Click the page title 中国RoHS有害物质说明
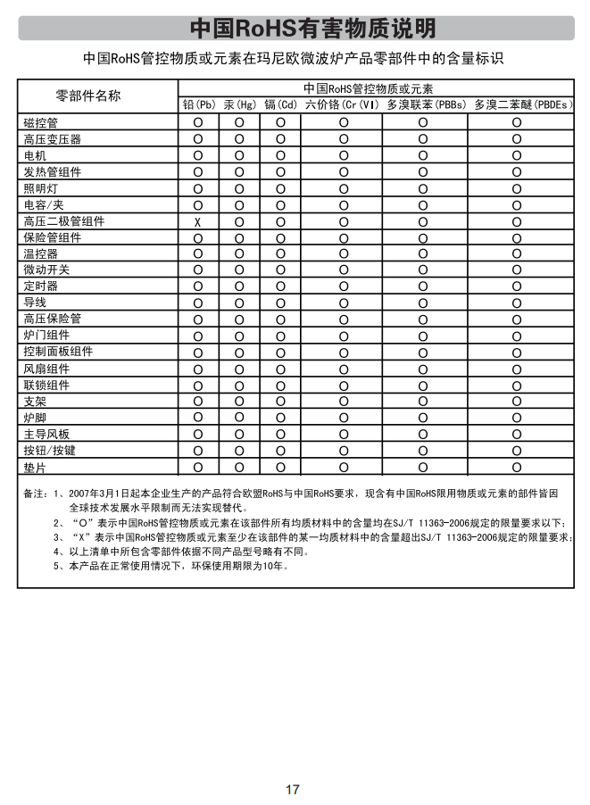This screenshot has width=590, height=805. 313,29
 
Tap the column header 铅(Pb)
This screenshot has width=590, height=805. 198,105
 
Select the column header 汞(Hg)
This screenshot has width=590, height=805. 239,105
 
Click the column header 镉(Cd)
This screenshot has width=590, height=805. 280,105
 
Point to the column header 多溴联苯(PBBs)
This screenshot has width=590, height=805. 425,105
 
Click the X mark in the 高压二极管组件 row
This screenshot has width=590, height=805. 197,221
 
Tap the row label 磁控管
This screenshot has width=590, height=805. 40,122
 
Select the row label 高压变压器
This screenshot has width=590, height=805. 52,139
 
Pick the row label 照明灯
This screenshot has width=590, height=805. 40,188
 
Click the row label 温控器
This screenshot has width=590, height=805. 40,253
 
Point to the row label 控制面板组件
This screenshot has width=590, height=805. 58,352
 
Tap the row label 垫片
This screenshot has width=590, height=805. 35,467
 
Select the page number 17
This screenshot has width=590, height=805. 293,789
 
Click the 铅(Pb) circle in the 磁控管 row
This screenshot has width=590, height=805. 198,122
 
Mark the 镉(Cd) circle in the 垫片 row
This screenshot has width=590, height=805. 280,467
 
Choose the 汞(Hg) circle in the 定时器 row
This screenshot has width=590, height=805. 239,286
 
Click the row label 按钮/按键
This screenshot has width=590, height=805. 50,450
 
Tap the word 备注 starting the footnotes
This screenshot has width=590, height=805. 34,492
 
